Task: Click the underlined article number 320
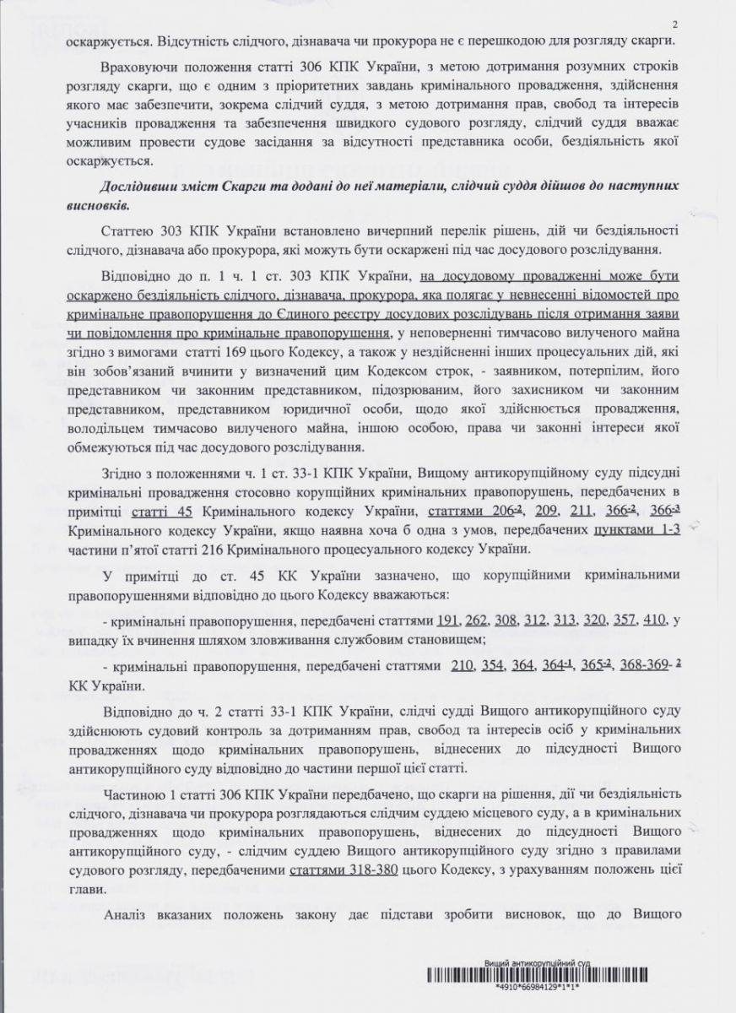(x=596, y=621)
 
